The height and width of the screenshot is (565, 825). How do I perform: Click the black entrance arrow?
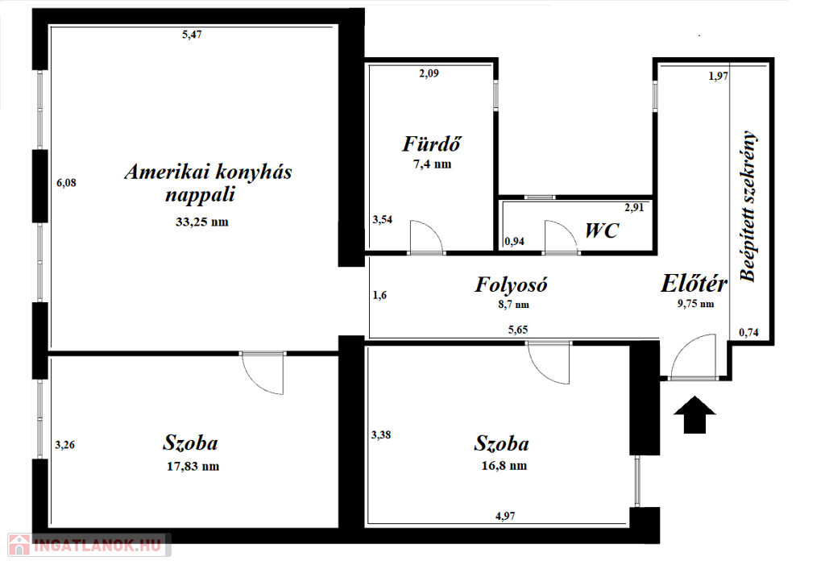coord(694,414)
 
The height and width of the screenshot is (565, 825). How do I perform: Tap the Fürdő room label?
coord(432,143)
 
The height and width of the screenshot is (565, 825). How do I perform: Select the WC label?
coord(602,231)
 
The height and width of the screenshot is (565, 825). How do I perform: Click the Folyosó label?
coord(511,285)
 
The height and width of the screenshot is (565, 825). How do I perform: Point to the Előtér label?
coord(694,283)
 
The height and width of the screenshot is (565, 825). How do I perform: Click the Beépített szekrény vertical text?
coord(748,206)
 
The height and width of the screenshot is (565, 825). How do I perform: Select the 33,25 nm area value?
coord(202,222)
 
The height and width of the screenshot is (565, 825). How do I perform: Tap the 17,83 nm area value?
coord(193,466)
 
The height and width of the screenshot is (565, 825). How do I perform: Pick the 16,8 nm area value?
coord(504,466)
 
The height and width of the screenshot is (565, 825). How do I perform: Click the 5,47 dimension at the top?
coord(192,35)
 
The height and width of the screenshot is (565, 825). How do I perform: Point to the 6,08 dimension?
coord(66,183)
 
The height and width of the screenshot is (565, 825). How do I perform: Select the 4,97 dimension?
coord(505,516)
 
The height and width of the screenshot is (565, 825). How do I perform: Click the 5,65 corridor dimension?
coord(518,330)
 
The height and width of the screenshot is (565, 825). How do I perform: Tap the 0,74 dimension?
coord(748,332)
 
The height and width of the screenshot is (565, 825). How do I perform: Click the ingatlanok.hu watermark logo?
coord(89,545)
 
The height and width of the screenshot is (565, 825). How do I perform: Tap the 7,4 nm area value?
coord(432,164)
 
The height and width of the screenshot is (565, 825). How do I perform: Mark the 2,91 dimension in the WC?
coord(634,207)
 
